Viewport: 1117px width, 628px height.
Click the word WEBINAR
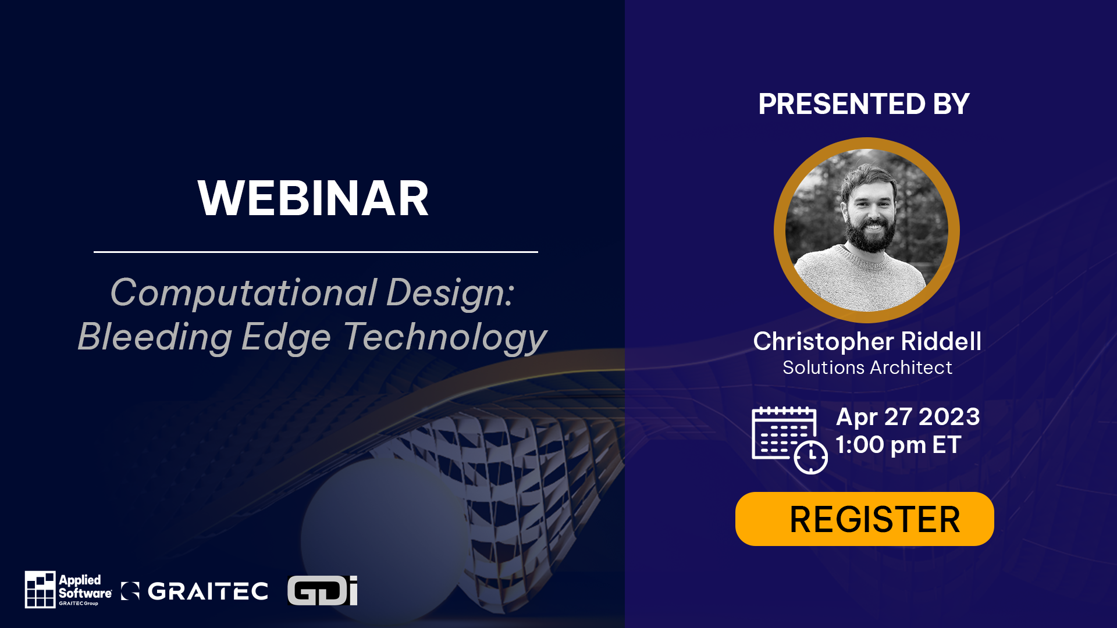coord(313,199)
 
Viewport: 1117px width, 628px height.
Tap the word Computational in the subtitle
coord(244,292)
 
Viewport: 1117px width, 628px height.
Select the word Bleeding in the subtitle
coord(155,337)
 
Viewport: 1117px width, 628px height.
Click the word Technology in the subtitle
coord(445,337)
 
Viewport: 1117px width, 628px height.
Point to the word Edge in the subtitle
coord(286,337)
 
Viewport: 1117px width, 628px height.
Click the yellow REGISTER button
coord(865,519)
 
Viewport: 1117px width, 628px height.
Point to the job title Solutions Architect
coord(867,368)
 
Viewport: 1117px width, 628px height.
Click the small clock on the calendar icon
coord(810,457)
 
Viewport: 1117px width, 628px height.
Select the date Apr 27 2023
coord(908,417)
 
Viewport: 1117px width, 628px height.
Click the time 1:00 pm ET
coord(898,445)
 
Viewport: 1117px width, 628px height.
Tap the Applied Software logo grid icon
coord(40,589)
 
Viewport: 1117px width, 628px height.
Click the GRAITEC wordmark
coord(208,591)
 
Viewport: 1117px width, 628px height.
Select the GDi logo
coord(322,591)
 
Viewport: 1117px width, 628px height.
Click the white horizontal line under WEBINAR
coord(315,252)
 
